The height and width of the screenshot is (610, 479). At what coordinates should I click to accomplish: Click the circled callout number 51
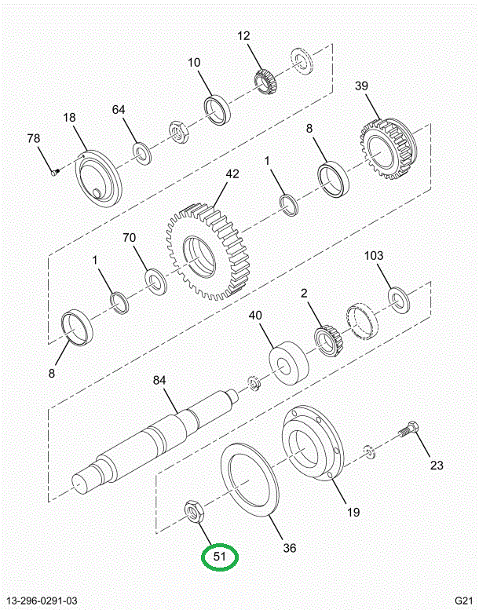[x=221, y=557]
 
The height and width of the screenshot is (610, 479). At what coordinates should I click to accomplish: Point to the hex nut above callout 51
[x=193, y=510]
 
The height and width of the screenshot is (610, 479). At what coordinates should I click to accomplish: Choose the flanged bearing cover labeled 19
[x=313, y=447]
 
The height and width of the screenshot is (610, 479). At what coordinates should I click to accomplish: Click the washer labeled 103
[x=400, y=298]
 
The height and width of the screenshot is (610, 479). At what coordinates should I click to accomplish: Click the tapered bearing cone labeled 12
[x=265, y=79]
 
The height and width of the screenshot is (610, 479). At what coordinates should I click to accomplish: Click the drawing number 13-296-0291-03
[x=45, y=600]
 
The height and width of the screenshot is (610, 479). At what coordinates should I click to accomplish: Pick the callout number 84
[x=159, y=381]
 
